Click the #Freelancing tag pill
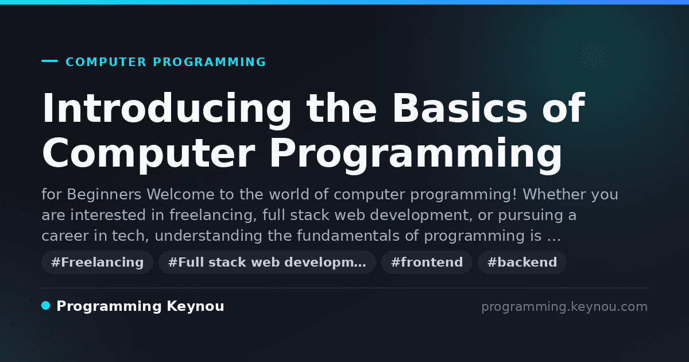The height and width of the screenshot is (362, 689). tap(97, 262)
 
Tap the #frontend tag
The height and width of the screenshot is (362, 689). tap(427, 262)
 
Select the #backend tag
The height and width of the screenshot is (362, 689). tap(522, 262)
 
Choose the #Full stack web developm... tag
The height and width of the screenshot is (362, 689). tap(267, 262)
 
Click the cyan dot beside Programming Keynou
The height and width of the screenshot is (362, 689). tap(46, 306)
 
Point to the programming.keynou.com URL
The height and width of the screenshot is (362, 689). tap(564, 307)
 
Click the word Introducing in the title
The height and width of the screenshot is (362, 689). tap(167, 109)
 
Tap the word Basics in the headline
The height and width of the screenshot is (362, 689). tap(460, 108)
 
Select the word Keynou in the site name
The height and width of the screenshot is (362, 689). tap(195, 306)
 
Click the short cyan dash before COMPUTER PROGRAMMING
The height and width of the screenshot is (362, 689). tap(49, 61)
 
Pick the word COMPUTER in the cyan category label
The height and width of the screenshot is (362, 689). tap(106, 62)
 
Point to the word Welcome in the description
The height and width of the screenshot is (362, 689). tap(180, 195)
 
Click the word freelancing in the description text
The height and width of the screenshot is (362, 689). tap(213, 215)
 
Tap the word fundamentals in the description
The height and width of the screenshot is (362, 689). tap(348, 236)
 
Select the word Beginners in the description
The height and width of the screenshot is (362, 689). tap(104, 195)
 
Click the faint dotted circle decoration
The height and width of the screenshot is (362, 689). tap(593, 57)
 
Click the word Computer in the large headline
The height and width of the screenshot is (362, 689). tap(149, 154)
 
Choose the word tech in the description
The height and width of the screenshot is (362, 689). tap(130, 236)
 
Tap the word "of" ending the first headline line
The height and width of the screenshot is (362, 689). tap(563, 108)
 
